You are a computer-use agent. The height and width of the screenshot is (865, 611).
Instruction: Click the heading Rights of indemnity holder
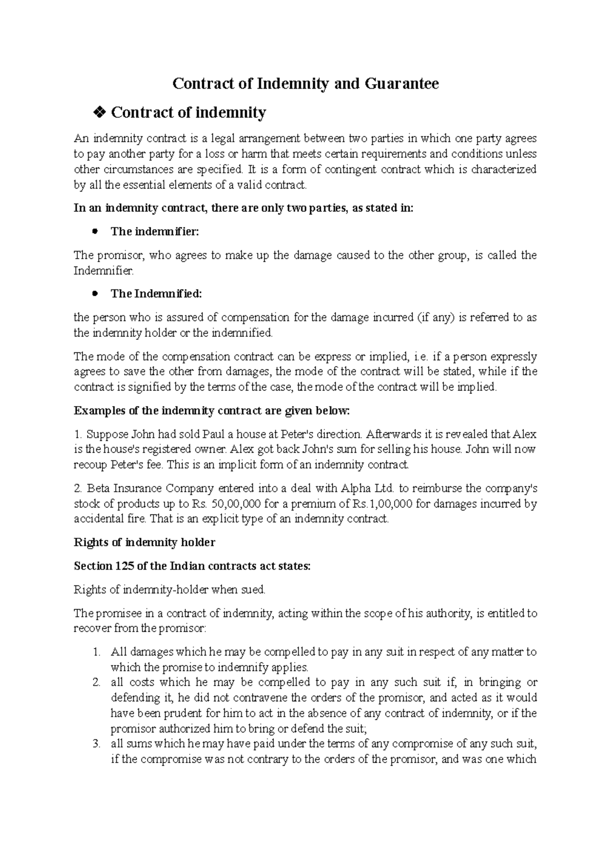[x=145, y=543]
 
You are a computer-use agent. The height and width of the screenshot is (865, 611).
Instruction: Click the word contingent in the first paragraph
[x=347, y=170]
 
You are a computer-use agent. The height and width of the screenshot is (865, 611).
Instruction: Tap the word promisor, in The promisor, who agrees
[x=119, y=255]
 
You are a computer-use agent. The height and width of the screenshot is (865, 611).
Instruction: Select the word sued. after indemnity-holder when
[x=253, y=590]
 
